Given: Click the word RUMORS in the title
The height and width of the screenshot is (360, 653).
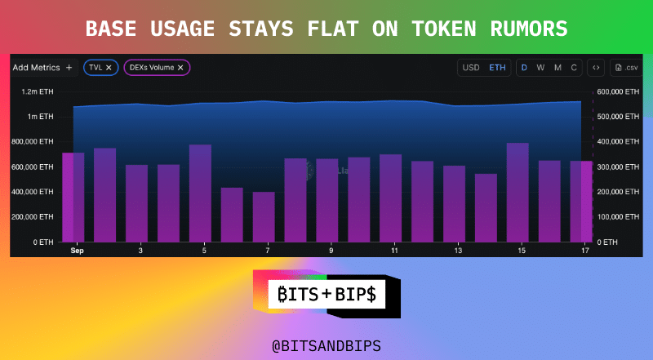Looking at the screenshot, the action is point(529,29).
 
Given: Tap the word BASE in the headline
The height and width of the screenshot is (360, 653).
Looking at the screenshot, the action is point(111,29).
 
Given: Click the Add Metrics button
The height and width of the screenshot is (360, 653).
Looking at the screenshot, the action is point(42,68).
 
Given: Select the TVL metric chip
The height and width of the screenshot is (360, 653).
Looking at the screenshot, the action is point(100,68).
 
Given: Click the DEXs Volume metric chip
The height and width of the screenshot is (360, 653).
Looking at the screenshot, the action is point(157,68).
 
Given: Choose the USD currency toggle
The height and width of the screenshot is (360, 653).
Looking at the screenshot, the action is point(471,68).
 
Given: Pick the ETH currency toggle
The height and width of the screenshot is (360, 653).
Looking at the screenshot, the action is point(497,68).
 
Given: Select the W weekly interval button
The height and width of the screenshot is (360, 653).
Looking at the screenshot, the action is point(540,68).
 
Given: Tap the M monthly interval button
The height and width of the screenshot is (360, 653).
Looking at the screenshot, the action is point(557,68).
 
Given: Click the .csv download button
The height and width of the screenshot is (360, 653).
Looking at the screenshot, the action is point(626,68).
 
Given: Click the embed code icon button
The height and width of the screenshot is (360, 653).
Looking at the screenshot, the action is point(596,68).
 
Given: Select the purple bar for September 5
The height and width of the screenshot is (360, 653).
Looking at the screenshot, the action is point(200,193).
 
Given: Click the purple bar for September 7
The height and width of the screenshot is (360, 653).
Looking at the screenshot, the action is point(264,216).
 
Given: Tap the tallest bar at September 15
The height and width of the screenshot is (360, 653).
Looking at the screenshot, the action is point(518,193).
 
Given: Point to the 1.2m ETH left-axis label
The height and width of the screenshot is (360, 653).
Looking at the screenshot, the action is point(38,91).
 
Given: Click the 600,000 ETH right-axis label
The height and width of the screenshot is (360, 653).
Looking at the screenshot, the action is point(618,91).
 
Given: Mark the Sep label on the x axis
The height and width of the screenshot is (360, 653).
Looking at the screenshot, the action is point(77,251).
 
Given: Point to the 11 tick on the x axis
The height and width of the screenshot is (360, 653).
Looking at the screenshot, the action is point(394,251).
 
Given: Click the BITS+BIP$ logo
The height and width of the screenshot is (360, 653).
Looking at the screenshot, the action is point(327,294).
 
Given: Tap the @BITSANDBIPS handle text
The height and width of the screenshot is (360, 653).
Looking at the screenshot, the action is point(326,346).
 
